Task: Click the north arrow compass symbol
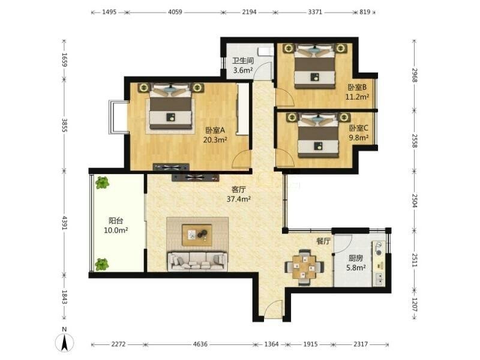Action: coord(64,341)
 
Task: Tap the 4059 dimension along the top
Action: coord(175,12)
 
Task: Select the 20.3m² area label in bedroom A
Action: coord(215,140)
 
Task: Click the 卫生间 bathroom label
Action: coord(243,61)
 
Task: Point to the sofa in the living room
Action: coord(197,262)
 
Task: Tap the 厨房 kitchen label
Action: coord(356,258)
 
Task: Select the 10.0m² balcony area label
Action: coord(116,230)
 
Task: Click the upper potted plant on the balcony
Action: coord(102,183)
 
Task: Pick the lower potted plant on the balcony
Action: coord(102,265)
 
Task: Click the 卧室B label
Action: coord(357,87)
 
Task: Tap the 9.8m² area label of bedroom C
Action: coord(359,138)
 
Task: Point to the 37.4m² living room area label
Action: coord(239,199)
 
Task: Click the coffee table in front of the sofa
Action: coord(197,235)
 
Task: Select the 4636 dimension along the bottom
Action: coord(200,344)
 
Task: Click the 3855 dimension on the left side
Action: coord(64,125)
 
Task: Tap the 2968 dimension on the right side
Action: coord(415,75)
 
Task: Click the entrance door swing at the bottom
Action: coord(274,309)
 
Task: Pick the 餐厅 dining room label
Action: coord(323,241)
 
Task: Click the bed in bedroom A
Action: coord(171,106)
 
